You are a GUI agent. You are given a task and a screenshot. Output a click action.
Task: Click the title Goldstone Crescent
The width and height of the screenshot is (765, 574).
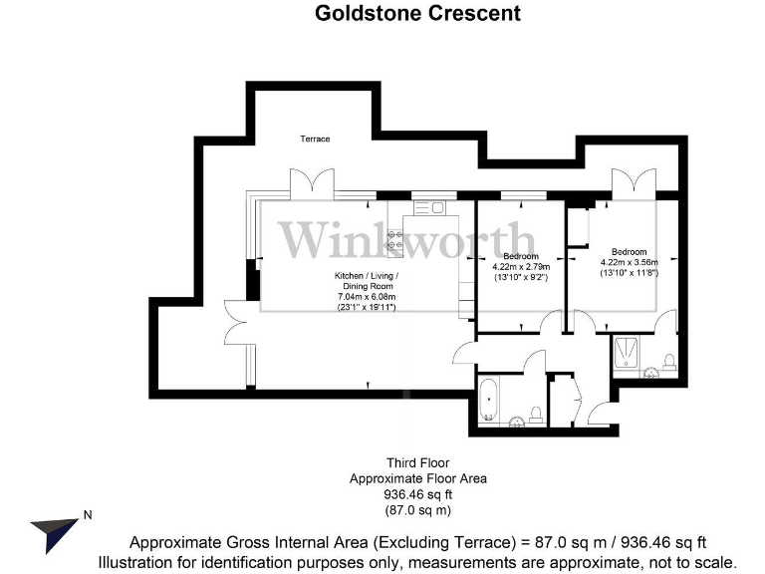[417, 13]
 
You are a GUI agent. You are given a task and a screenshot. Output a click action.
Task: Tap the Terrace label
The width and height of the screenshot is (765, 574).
[316, 139]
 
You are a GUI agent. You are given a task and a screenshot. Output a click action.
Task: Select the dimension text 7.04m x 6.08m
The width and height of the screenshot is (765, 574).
[367, 297]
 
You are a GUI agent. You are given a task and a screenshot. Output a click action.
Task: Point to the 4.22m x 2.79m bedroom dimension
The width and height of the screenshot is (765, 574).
[521, 267]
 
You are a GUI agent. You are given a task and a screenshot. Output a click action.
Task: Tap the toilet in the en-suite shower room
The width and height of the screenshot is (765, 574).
[669, 360]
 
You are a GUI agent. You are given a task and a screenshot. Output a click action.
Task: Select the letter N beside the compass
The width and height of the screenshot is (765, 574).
[88, 515]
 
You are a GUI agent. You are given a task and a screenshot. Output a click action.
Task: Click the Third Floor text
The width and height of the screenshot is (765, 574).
[417, 463]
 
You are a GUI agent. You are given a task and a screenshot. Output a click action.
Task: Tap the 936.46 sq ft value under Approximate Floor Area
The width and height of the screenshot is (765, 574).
[417, 494]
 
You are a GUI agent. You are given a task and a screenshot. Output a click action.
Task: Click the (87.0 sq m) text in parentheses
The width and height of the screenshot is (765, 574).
[417, 510]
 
